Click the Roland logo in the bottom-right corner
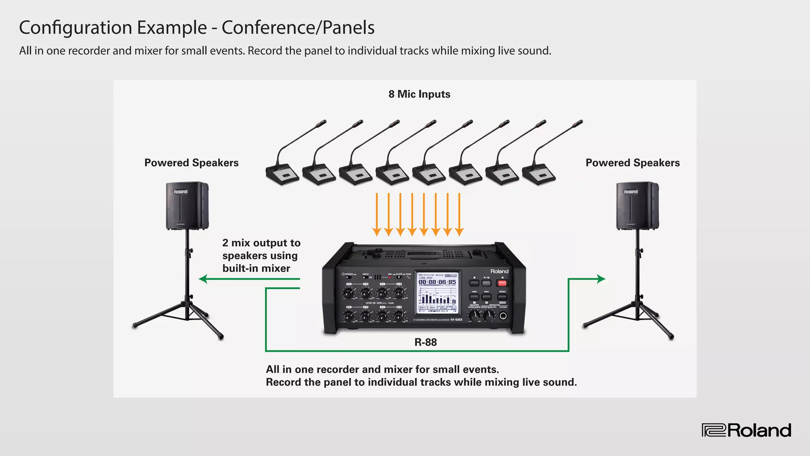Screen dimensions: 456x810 coord(746,430)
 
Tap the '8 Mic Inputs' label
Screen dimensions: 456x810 coord(419,94)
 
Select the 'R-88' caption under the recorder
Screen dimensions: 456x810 coord(426,342)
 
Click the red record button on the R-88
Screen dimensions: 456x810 coord(502,283)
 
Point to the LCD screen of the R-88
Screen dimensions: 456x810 coord(437,293)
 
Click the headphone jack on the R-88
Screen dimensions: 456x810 coord(503,316)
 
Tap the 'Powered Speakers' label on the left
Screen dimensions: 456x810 coord(191,163)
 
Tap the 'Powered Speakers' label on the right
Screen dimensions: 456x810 coord(632,163)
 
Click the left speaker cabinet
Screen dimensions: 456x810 coord(187,206)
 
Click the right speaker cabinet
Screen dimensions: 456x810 coord(637,206)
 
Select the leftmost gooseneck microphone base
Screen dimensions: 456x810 coord(282,174)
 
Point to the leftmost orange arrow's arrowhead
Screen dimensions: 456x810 coord(377,232)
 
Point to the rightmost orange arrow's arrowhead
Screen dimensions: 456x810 coord(459,232)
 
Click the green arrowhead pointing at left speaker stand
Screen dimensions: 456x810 coord(203,279)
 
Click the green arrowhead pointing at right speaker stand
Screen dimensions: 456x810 coord(601,279)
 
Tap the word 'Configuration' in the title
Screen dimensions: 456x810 coord(76,28)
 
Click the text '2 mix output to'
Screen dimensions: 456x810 coord(261,243)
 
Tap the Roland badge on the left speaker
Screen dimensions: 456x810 coord(181,192)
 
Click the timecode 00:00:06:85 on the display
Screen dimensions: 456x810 coord(437,282)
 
